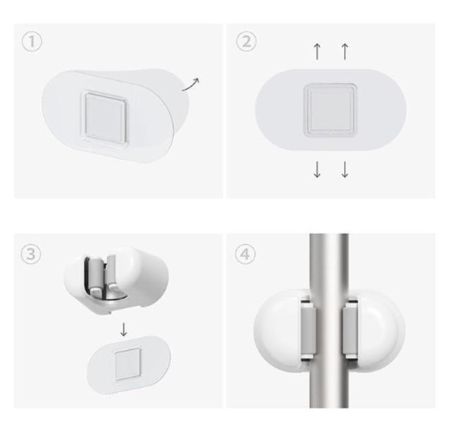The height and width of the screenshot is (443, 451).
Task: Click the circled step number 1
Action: [32, 42]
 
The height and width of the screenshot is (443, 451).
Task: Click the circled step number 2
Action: [246, 42]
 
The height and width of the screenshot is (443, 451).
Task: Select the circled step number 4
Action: [245, 254]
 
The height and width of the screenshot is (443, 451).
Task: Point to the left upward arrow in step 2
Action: [317, 51]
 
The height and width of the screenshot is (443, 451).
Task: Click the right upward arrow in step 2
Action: [345, 51]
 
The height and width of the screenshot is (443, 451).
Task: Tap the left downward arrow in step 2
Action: [317, 169]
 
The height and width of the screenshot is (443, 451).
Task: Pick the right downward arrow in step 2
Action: [345, 169]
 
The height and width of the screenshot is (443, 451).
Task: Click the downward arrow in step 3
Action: [123, 329]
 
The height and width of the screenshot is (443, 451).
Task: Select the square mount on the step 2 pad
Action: [330, 110]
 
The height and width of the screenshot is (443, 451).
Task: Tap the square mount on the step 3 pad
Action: [127, 363]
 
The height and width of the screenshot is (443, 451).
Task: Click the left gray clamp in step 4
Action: [309, 329]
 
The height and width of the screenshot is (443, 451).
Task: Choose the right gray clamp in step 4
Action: [350, 329]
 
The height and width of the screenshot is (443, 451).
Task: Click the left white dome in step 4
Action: [278, 331]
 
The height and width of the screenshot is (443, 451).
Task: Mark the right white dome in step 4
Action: [380, 331]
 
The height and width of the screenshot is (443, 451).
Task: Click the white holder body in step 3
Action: [116, 280]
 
